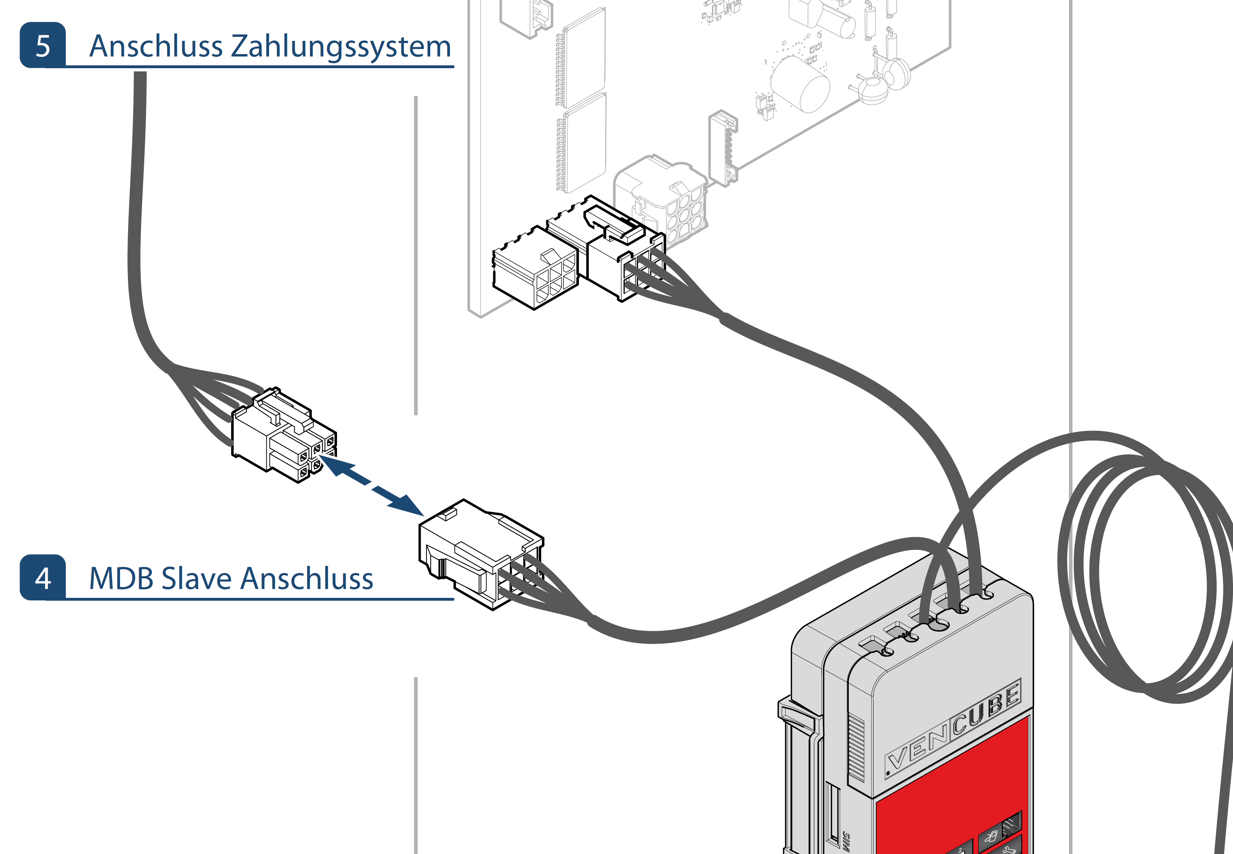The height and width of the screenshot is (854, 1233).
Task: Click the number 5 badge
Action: (x=43, y=45)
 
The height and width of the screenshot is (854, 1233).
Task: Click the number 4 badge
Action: (x=43, y=578)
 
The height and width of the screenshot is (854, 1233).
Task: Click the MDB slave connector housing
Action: (x=476, y=554)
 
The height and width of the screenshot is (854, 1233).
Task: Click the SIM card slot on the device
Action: (x=833, y=814)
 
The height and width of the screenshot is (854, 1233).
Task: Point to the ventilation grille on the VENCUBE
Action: (x=856, y=749)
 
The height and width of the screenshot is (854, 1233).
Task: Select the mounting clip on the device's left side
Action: (x=797, y=717)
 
